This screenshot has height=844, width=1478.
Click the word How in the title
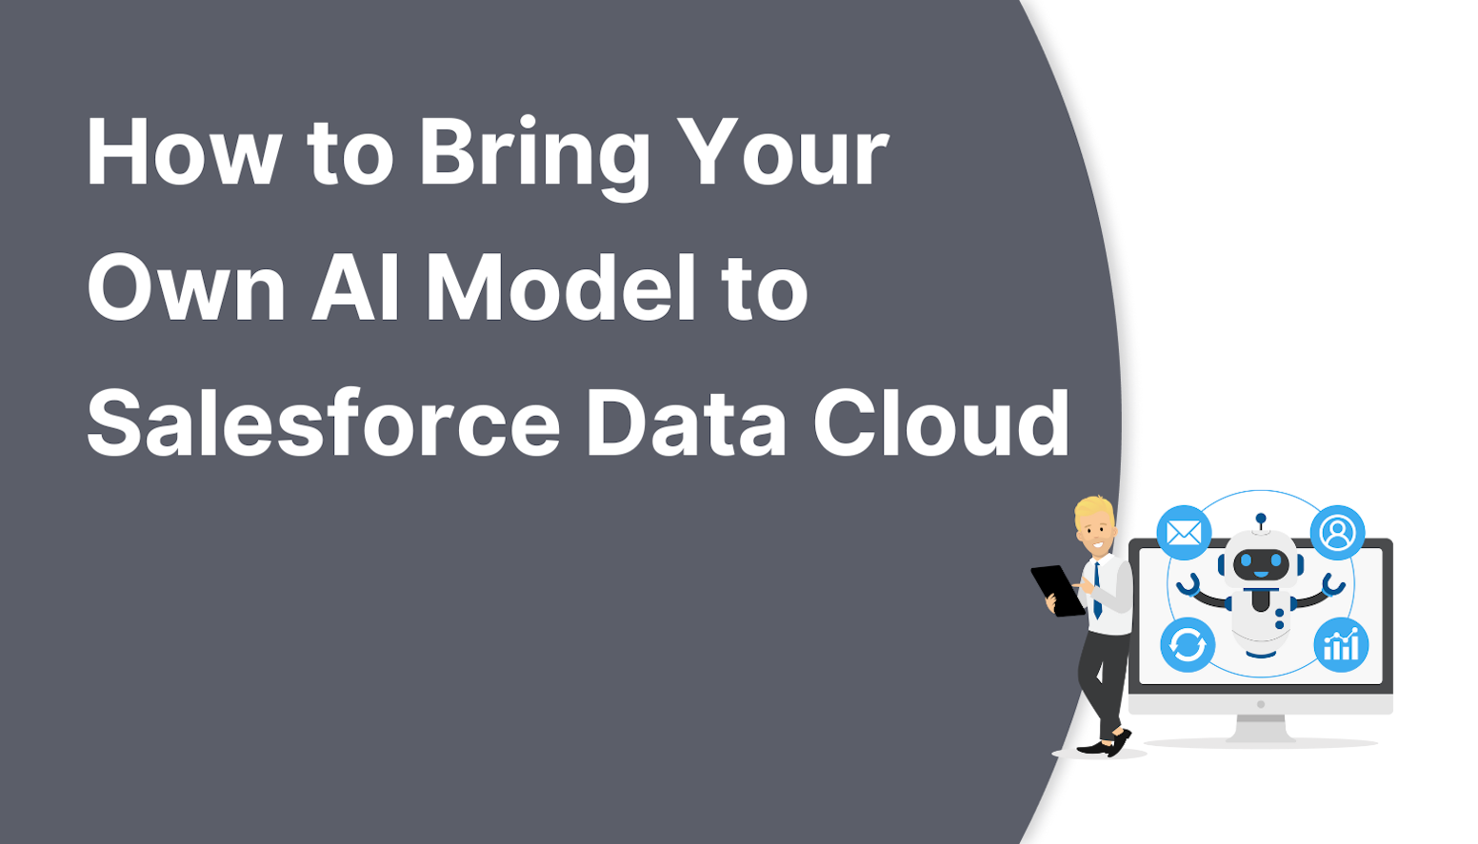pos(184,152)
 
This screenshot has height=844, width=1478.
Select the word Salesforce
pos(323,423)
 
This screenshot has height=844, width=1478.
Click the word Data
pos(686,423)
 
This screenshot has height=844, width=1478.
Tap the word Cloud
pos(941,423)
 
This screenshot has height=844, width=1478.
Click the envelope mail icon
pos(1184,533)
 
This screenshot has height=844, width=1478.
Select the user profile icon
pos(1337,533)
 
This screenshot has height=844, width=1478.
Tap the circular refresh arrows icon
pos(1188,645)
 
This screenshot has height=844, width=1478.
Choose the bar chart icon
pos(1341,645)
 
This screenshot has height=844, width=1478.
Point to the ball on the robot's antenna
pos(1261,519)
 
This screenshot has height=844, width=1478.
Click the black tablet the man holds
pos(1055,589)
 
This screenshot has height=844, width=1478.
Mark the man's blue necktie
pos(1097,590)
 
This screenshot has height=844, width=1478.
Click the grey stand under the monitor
pos(1260,727)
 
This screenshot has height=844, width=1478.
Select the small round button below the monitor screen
pos(1261,705)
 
